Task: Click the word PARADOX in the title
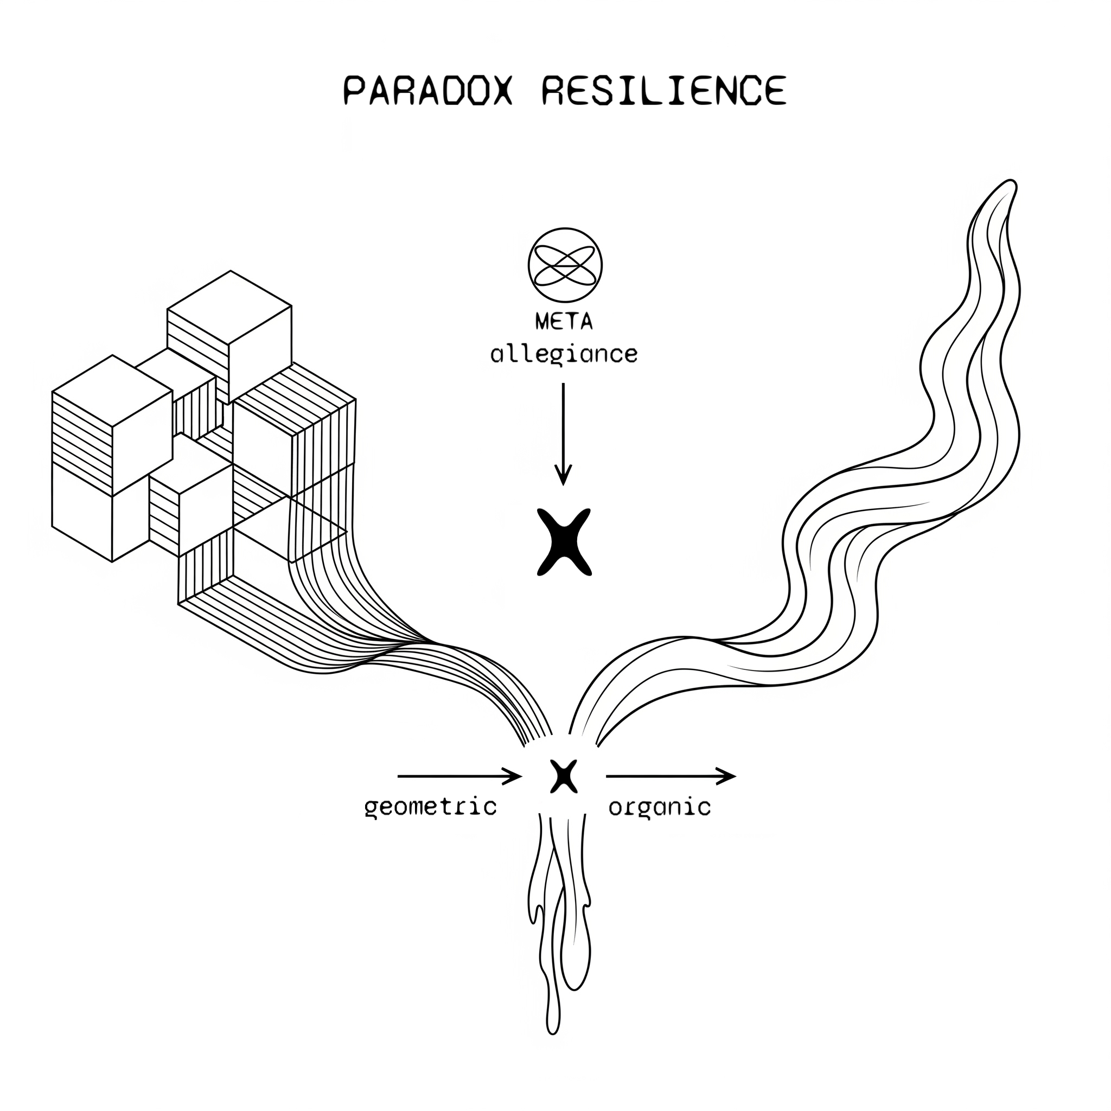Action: click(427, 90)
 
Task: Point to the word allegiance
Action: click(564, 354)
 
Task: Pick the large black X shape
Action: click(564, 542)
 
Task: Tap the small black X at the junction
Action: click(563, 776)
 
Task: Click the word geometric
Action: click(430, 807)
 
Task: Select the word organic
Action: click(660, 807)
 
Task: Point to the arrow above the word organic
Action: click(670, 776)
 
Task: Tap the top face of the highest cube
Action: click(229, 308)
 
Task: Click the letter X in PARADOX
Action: click(499, 90)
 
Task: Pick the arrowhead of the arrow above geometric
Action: click(513, 776)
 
